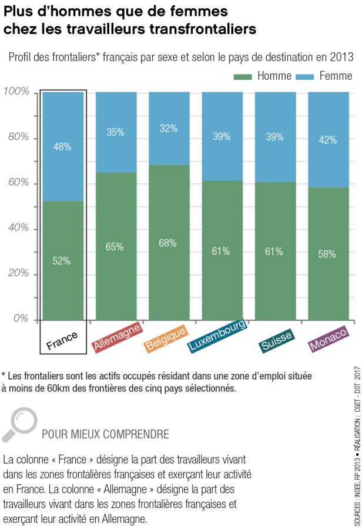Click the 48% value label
point(62,147)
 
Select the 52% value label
point(62,261)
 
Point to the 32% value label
point(169,128)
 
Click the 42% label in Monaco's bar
point(327,140)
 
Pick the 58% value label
point(327,254)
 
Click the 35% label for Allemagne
point(115,132)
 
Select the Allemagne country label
point(117,337)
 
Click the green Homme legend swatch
point(243,77)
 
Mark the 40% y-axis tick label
point(18,228)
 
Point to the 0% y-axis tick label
point(21,319)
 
